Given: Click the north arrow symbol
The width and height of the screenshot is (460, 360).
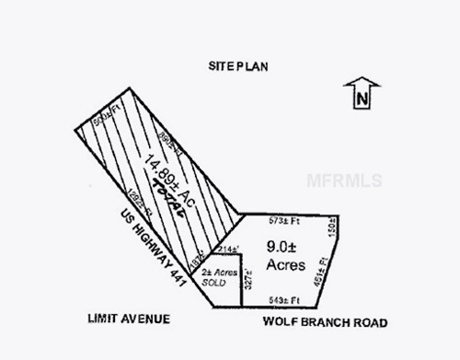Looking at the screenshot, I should coord(362,94).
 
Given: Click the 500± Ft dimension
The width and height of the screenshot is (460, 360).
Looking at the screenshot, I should coord(107,117).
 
